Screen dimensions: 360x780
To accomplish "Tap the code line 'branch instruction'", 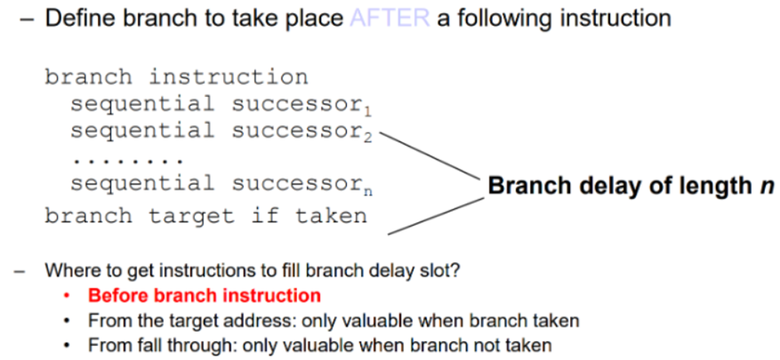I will coord(176,78).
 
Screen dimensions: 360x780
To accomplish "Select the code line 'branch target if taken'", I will coord(205,216).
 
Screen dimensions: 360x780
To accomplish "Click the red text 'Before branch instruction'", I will coord(204,295).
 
